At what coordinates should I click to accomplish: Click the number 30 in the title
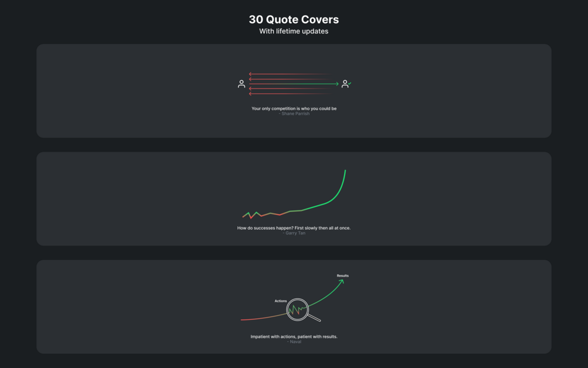pyautogui.click(x=256, y=19)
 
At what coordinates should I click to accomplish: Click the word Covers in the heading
pyautogui.click(x=320, y=19)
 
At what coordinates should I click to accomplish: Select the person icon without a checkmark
pyautogui.click(x=242, y=84)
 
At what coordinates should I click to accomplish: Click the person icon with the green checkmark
pyautogui.click(x=345, y=84)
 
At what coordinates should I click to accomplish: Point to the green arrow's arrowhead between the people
pyautogui.click(x=337, y=84)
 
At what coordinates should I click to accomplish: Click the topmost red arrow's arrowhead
pyautogui.click(x=250, y=74)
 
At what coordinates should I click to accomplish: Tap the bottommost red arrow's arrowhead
pyautogui.click(x=250, y=94)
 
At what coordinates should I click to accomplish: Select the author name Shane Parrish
pyautogui.click(x=295, y=114)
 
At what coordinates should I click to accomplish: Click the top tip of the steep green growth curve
pyautogui.click(x=345, y=171)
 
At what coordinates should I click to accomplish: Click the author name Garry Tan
pyautogui.click(x=295, y=233)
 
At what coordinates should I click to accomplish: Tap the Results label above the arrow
pyautogui.click(x=342, y=275)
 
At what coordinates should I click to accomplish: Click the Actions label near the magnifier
pyautogui.click(x=281, y=301)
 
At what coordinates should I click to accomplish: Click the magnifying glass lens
pyautogui.click(x=298, y=309)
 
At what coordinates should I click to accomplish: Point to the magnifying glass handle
pyautogui.click(x=314, y=318)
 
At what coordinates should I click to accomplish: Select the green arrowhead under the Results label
pyautogui.click(x=342, y=281)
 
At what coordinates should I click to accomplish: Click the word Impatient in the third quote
pyautogui.click(x=260, y=337)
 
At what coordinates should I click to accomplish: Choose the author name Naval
pyautogui.click(x=295, y=342)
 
